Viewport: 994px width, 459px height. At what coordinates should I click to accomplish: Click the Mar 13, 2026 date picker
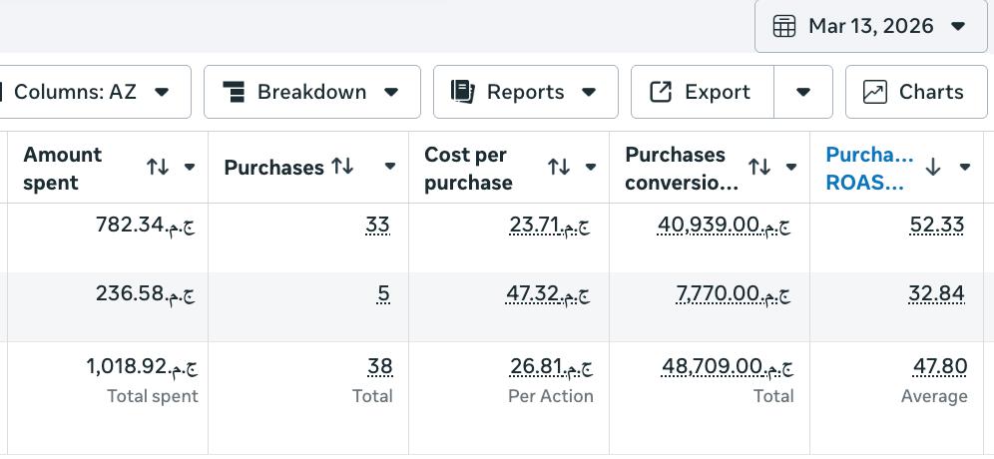pos(870,26)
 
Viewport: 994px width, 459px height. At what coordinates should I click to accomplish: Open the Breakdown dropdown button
pos(312,92)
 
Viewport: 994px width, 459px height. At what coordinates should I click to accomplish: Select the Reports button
pos(526,92)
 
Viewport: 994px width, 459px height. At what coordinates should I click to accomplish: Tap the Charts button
pos(916,92)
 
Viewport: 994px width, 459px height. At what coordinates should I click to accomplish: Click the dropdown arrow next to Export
pos(803,92)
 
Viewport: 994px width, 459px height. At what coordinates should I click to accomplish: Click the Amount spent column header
pos(62,168)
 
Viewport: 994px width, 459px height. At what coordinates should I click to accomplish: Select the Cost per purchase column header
pos(468,168)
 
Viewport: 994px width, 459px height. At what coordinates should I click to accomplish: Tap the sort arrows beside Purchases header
pos(342,167)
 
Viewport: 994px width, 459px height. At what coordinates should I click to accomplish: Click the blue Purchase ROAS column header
pos(869,168)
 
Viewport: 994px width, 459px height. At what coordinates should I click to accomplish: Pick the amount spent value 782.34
pos(145,226)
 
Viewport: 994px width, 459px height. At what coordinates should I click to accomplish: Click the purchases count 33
pos(378,226)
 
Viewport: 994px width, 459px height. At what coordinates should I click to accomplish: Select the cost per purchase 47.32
pos(548,294)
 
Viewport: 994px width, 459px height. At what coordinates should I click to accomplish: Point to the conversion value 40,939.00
pos(724,226)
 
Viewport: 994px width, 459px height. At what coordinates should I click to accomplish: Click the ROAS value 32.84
pos(936,294)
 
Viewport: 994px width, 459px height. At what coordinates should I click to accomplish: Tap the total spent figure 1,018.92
pos(142,366)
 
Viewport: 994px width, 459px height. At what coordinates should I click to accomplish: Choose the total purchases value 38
pos(379,366)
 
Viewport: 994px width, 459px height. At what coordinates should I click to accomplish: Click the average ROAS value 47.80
pos(940,366)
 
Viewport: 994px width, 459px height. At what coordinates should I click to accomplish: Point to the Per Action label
pos(551,396)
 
